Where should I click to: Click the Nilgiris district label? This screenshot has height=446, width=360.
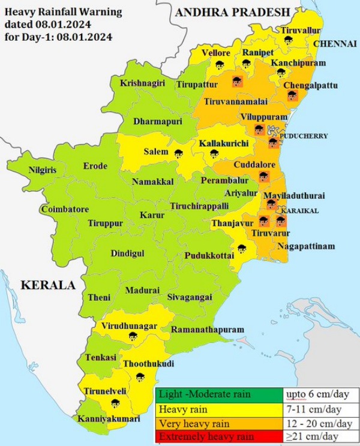tap(43, 170)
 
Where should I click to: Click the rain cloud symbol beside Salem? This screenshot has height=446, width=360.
tap(178, 153)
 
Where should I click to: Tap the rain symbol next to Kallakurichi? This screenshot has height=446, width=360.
tap(214, 153)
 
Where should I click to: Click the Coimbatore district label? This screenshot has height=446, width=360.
tap(65, 209)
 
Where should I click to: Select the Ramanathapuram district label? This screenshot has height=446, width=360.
tap(208, 330)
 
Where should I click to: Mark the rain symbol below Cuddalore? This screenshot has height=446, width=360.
tap(263, 176)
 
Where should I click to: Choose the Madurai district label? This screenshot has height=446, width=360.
tap(142, 290)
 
